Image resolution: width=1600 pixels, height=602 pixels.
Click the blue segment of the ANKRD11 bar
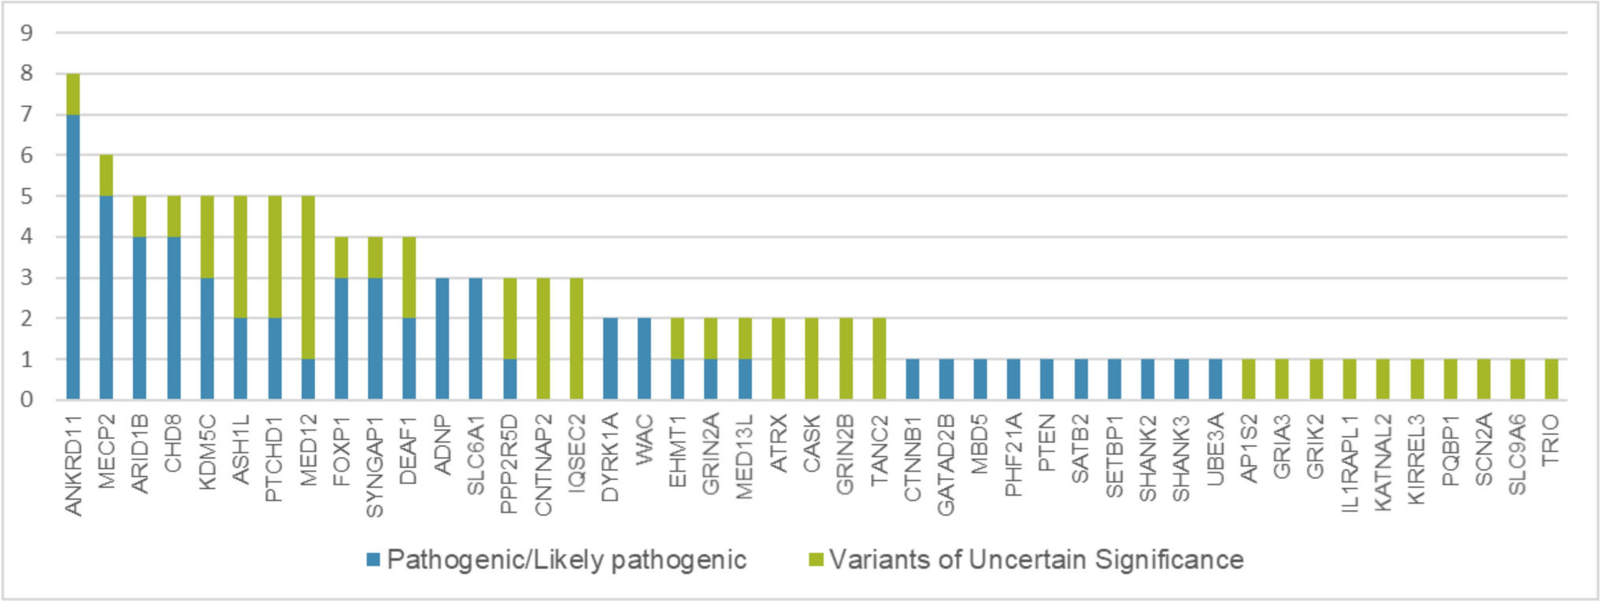point(73,257)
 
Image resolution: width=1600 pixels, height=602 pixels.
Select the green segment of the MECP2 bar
point(106,175)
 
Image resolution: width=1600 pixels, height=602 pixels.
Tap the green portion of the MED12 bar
point(308,277)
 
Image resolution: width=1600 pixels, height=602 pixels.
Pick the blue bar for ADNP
point(443,338)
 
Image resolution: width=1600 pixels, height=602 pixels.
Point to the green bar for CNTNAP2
point(543,338)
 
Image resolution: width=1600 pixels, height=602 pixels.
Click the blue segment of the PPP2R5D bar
point(509,379)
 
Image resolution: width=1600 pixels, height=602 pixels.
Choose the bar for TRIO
point(1551,379)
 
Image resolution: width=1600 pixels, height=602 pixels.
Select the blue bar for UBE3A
point(1215,379)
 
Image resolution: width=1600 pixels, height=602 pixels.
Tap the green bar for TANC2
point(880,359)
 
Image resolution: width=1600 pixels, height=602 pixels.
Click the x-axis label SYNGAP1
point(376,466)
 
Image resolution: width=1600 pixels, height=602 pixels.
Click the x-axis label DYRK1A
point(610,458)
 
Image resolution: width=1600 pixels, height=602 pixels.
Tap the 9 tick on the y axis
point(28,33)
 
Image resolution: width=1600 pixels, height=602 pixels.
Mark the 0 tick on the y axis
point(28,400)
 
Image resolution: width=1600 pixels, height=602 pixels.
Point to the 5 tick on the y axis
point(28,196)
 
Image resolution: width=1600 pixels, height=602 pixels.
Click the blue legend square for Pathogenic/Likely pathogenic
point(373,560)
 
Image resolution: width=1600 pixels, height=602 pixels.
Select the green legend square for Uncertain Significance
point(816,560)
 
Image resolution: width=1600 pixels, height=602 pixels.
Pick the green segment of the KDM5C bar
point(207,236)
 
